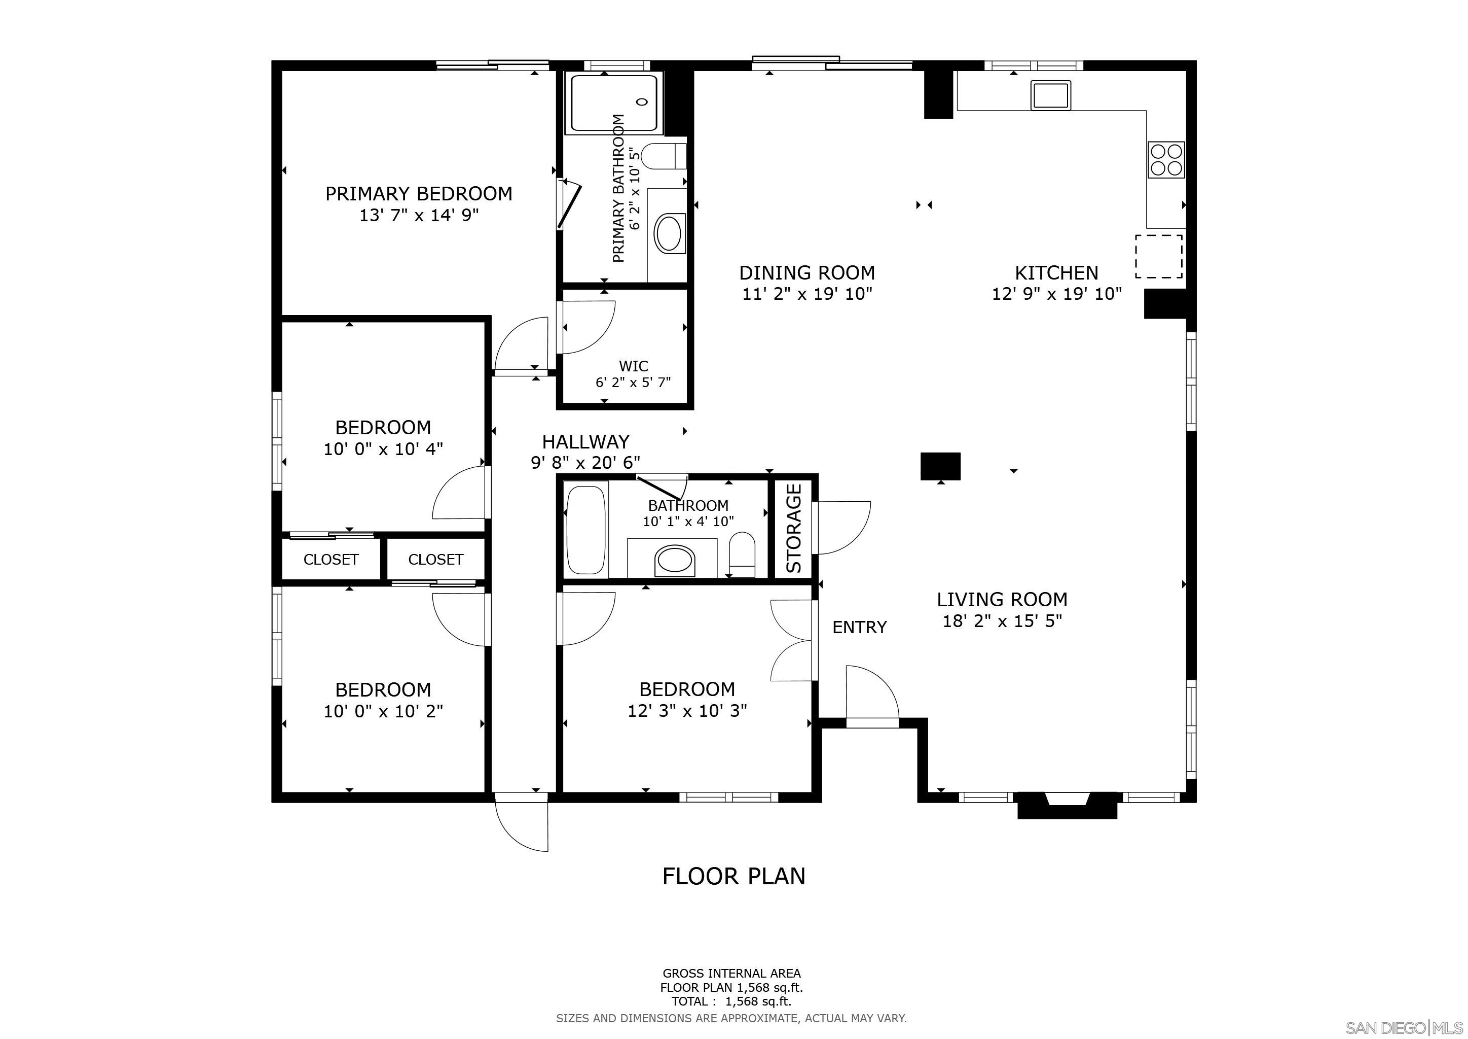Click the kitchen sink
coord(1050,95)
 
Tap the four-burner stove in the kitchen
coord(1166,159)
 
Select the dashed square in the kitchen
coord(1159,256)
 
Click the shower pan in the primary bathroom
coord(614,102)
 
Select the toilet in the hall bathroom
coord(742,555)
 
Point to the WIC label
coord(634,366)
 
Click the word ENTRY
coord(859,627)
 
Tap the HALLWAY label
coord(585,441)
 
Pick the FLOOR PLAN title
coord(733,876)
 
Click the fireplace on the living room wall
coord(1067,805)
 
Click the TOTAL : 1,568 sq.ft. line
coord(731,1001)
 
